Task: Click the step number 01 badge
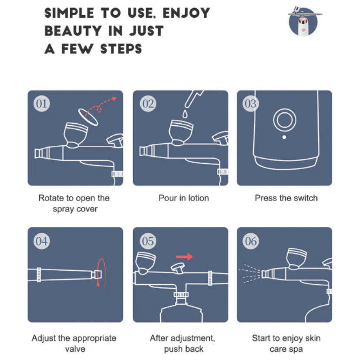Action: pos(41,104)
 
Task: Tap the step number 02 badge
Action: pos(148,104)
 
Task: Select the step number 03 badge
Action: pos(250,104)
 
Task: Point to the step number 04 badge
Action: pos(41,241)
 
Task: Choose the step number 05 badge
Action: pos(148,241)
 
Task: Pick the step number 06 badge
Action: pos(250,241)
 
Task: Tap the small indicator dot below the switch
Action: pos(284,137)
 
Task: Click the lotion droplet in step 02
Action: pos(185,114)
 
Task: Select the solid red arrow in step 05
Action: pos(184,256)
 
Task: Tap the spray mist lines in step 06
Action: pos(250,273)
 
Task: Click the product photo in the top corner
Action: pos(303,21)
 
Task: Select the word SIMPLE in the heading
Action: pos(69,13)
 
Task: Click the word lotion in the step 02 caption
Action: pos(199,198)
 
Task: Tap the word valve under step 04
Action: pos(75,349)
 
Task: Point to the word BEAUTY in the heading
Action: pos(73,31)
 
